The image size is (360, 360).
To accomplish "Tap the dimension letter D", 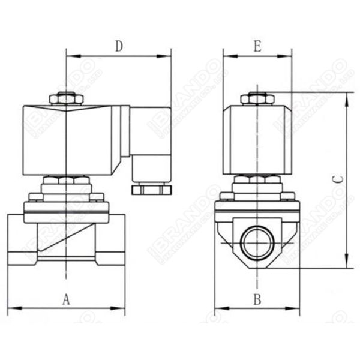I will (119, 46).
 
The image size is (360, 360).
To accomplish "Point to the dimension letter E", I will (257, 46).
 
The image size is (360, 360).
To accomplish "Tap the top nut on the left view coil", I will (65, 98).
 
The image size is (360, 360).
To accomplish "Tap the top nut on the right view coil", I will (257, 98).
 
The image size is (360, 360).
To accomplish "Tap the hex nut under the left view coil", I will (65, 181).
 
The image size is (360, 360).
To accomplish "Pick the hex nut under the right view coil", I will (257, 180).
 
